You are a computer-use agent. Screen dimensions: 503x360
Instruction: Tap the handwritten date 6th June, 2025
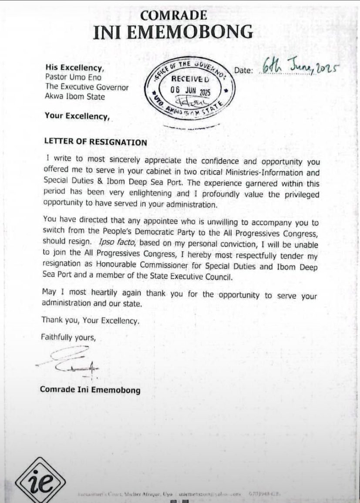[x=300, y=68]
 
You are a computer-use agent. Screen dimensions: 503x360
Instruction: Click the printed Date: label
[x=243, y=71]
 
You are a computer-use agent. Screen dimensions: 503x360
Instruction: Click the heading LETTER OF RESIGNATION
[x=96, y=142]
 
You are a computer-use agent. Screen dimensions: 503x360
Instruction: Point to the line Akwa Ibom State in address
[x=75, y=97]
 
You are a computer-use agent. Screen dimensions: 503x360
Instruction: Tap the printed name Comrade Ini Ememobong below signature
[x=90, y=389]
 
